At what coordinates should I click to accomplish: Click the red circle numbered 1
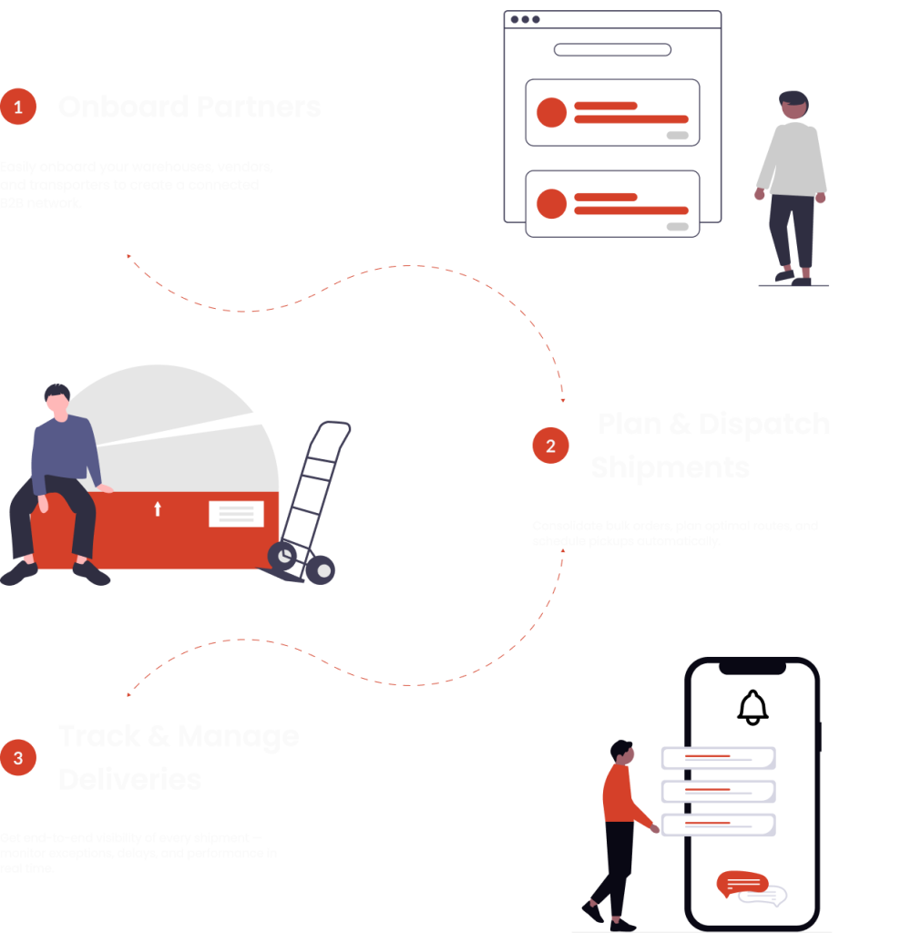point(17,108)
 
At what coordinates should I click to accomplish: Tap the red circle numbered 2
point(550,446)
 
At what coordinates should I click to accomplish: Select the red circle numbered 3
point(17,757)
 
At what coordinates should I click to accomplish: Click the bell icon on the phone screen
point(753,707)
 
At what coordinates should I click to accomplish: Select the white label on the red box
point(236,514)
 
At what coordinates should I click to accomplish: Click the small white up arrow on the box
point(157,508)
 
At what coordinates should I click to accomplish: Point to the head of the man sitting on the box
point(57,400)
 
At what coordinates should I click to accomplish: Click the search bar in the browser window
point(612,50)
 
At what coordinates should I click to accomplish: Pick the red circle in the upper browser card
point(551,112)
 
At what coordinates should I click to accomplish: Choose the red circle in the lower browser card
point(551,203)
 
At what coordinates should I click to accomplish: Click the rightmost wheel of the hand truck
point(320,570)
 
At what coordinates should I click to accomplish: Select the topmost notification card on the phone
point(717,758)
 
